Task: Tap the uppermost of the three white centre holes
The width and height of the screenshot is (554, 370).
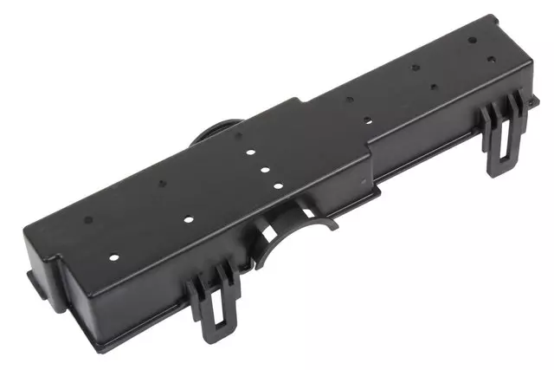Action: (249, 152)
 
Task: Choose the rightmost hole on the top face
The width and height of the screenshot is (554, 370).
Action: (492, 59)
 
